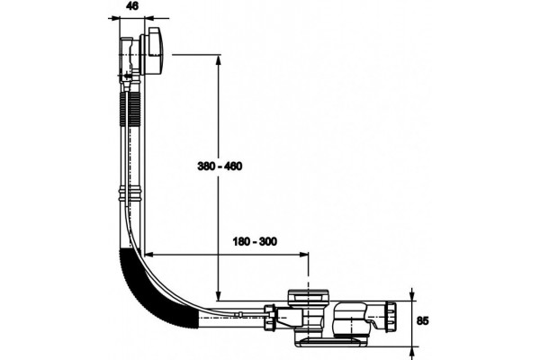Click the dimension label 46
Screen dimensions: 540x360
click(x=132, y=6)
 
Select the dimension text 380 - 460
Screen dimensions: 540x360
click(x=220, y=166)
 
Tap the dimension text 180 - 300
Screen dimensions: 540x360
click(x=255, y=241)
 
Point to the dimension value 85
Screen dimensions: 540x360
click(x=423, y=320)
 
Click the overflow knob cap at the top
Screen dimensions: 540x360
click(x=156, y=51)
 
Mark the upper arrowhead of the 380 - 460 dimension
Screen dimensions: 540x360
click(x=218, y=60)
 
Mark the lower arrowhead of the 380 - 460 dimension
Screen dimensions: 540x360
click(x=218, y=295)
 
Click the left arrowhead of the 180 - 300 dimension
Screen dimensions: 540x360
click(x=149, y=255)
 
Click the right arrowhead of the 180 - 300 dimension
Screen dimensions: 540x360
click(x=303, y=255)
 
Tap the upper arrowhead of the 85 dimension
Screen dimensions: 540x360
click(x=412, y=295)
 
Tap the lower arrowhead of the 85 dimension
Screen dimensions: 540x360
click(x=412, y=352)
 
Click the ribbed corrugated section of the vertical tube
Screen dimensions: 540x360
click(x=130, y=109)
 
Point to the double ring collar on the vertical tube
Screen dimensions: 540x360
click(x=130, y=194)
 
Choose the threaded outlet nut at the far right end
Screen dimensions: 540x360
click(x=391, y=317)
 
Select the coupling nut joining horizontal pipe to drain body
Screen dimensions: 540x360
click(x=269, y=318)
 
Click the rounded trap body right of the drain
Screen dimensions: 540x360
click(x=351, y=319)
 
